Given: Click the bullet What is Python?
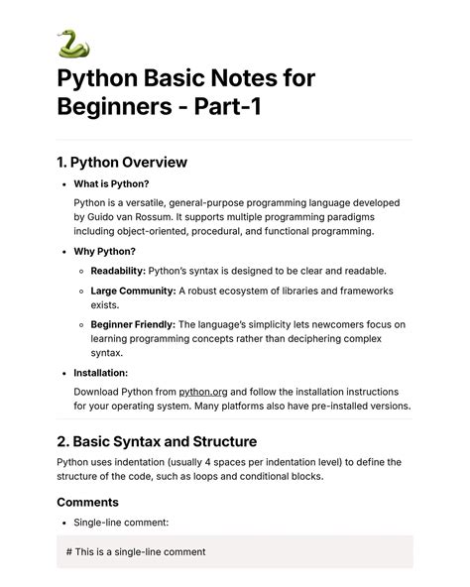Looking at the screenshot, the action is point(113,183).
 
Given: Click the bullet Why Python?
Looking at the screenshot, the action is point(105,251).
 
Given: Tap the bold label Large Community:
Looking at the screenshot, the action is point(133,291).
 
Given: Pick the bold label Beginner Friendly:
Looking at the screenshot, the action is point(133,324).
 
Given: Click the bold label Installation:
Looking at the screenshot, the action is point(100,373).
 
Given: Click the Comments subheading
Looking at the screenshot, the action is point(88,502).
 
